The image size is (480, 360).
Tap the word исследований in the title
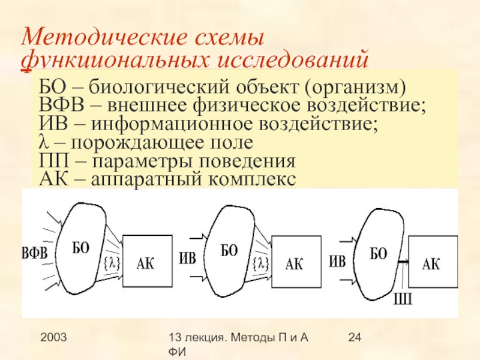[x=292, y=60]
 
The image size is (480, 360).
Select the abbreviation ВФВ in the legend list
[x=61, y=105]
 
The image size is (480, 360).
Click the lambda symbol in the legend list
[x=44, y=142]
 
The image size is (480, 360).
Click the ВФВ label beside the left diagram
[x=35, y=254]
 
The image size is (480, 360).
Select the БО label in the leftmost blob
[x=81, y=248]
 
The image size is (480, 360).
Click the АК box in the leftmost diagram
[x=148, y=261]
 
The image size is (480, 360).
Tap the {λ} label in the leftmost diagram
[x=112, y=263]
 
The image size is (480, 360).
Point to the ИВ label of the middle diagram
[x=187, y=258]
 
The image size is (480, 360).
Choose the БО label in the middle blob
[x=229, y=251]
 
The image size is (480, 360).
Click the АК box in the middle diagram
[x=296, y=262]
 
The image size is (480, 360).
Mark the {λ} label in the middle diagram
[x=261, y=263]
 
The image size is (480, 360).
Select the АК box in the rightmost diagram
[x=433, y=262]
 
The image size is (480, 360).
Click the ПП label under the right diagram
[x=403, y=299]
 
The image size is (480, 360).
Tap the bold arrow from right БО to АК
[x=403, y=262]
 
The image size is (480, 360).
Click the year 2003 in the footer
[x=53, y=337]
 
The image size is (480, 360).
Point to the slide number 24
[x=355, y=337]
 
